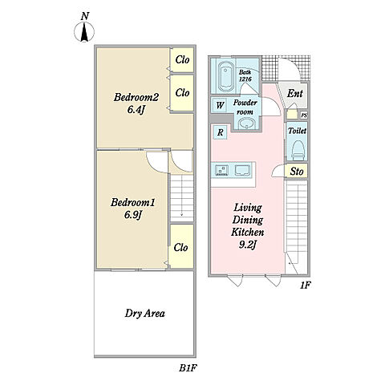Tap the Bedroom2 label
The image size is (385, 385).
point(136,97)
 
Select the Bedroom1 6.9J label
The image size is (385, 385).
point(133,209)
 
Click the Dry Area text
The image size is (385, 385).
point(144,314)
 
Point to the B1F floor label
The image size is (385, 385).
point(188,368)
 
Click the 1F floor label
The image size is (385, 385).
point(305,286)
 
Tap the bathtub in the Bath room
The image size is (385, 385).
point(226,76)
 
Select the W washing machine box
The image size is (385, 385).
point(220,105)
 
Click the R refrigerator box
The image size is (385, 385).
point(220,132)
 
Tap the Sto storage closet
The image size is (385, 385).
point(296,171)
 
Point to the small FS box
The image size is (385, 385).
point(304,115)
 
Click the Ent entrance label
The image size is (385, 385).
point(295,94)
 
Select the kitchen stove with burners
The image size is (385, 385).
point(221,170)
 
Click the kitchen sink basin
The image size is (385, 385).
point(242,170)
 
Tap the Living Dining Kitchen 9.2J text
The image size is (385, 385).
point(247,226)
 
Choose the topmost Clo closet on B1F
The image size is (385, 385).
point(182,60)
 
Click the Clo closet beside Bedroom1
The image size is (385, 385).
point(181,246)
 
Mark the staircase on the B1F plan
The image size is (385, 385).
point(182,198)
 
